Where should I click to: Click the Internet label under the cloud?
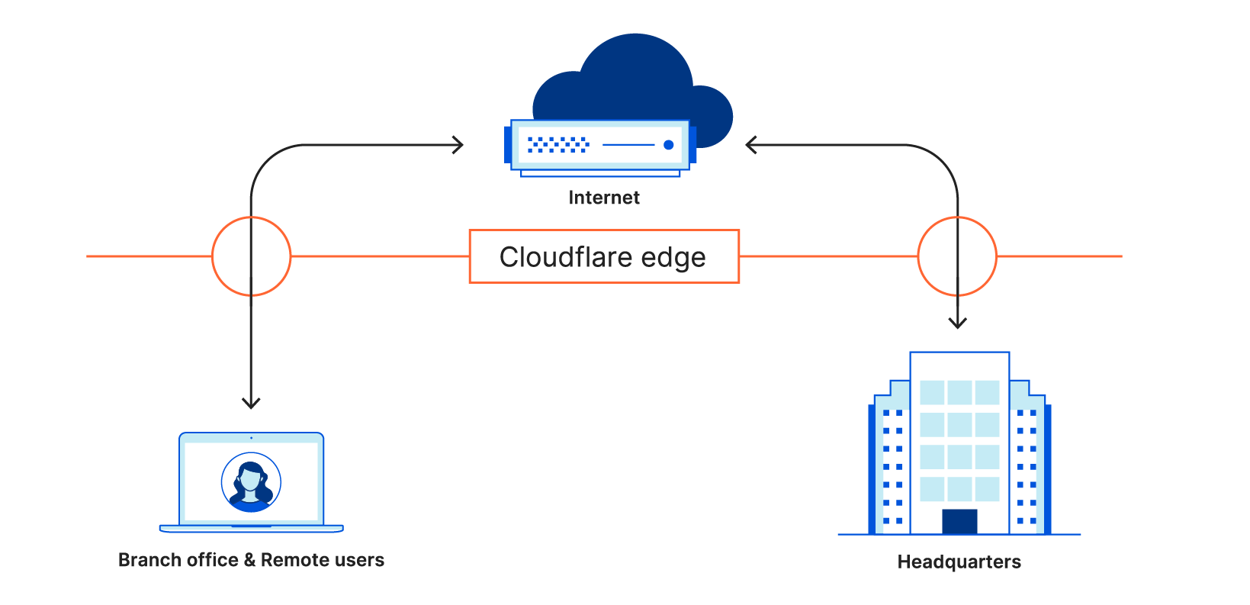tap(604, 198)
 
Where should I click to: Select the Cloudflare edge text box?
tap(604, 256)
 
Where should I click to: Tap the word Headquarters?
tap(959, 562)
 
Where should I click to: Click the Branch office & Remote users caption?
tap(251, 560)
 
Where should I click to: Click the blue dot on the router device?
tap(669, 145)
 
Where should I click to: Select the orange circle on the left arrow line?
tap(251, 256)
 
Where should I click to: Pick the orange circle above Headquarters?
tap(957, 256)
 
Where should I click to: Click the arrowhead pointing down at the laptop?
tap(251, 402)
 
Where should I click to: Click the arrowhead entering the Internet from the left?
tap(458, 145)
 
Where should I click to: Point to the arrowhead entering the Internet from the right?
tap(751, 145)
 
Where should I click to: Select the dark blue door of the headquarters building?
tap(959, 521)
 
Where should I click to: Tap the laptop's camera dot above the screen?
tap(251, 438)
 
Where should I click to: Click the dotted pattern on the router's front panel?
tap(558, 145)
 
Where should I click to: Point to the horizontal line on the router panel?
tap(628, 145)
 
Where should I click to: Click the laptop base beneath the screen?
tap(251, 528)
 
